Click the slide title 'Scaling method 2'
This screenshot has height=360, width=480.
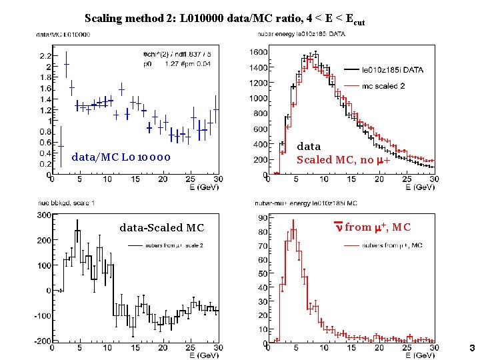pyautogui.click(x=225, y=19)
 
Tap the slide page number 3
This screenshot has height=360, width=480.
pyautogui.click(x=471, y=348)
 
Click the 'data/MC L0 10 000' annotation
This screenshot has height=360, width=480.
pyautogui.click(x=121, y=157)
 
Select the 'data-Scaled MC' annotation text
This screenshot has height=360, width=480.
pyautogui.click(x=161, y=228)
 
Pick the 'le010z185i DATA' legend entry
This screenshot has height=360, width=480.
pyautogui.click(x=392, y=68)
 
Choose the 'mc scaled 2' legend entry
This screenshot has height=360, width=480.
pyautogui.click(x=383, y=85)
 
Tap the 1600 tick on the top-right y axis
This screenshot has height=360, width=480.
pyautogui.click(x=258, y=52)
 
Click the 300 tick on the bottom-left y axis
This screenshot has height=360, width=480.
pyautogui.click(x=44, y=215)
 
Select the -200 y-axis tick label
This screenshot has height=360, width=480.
pyautogui.click(x=41, y=341)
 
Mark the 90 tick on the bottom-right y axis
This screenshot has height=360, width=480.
pyautogui.click(x=263, y=218)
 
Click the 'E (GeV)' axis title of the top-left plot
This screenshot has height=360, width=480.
pyautogui.click(x=202, y=187)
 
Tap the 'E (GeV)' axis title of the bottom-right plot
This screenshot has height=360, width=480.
pyautogui.click(x=421, y=355)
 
